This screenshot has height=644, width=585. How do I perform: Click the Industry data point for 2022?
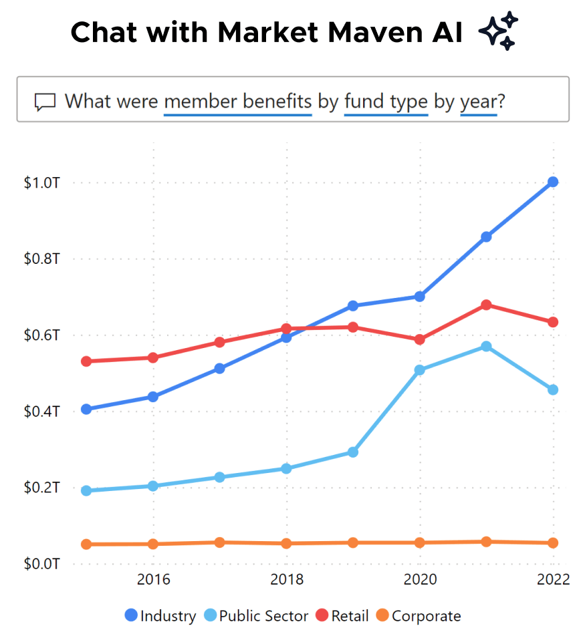553,182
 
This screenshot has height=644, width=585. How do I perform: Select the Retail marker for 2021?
486,305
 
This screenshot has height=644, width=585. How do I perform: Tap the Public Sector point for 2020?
420,369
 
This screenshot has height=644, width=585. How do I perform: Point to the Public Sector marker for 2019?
353,452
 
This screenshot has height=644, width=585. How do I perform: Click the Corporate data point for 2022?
553,543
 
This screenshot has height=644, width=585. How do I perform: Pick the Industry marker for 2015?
86,409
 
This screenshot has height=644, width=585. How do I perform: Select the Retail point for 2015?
86,361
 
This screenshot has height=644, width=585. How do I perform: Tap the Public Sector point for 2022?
553,389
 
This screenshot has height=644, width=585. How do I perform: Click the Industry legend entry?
160,616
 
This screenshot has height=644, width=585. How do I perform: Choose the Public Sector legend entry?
256,616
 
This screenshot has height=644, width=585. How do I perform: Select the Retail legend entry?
342,616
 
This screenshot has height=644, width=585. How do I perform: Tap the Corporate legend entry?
419,616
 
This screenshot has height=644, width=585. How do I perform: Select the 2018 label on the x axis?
287,579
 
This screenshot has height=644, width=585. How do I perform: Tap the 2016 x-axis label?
153,579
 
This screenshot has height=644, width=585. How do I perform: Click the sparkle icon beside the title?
499,31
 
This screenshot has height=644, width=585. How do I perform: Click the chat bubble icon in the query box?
45,102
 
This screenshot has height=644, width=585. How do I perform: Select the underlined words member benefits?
237,102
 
